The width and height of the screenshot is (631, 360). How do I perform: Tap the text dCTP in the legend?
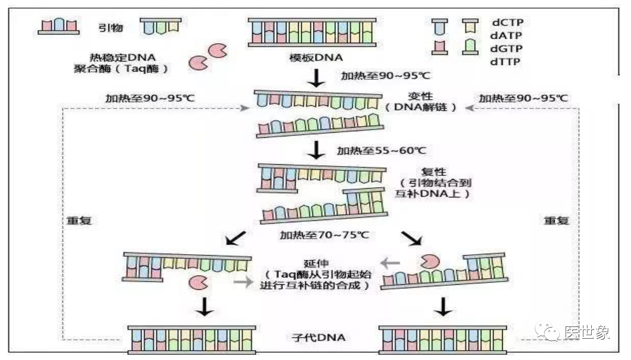(507, 23)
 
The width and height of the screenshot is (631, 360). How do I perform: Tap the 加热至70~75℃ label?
(324, 235)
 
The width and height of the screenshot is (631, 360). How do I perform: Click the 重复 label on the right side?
(557, 221)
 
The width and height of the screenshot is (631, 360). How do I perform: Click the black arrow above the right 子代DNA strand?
(444, 306)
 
